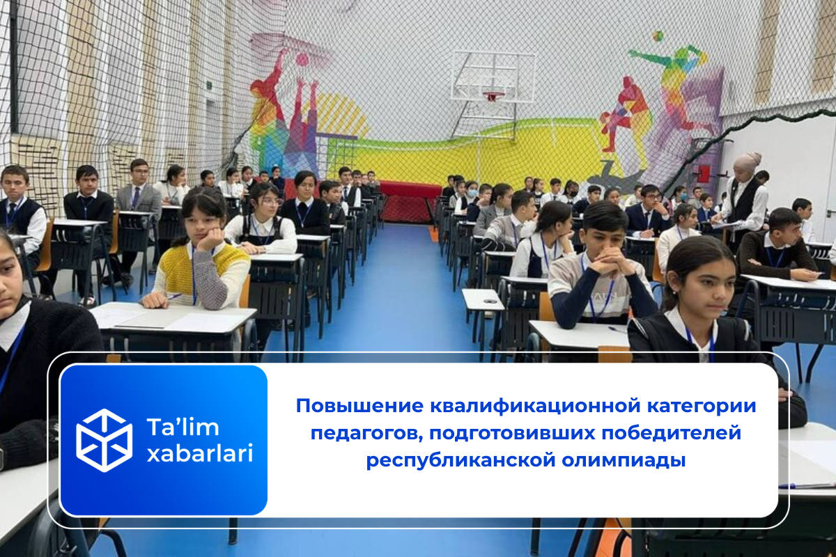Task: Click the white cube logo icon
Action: [x=104, y=440]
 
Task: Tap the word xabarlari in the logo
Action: [x=200, y=454]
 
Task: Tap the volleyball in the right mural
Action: [x=658, y=36]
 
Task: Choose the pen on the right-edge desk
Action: [x=808, y=485]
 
